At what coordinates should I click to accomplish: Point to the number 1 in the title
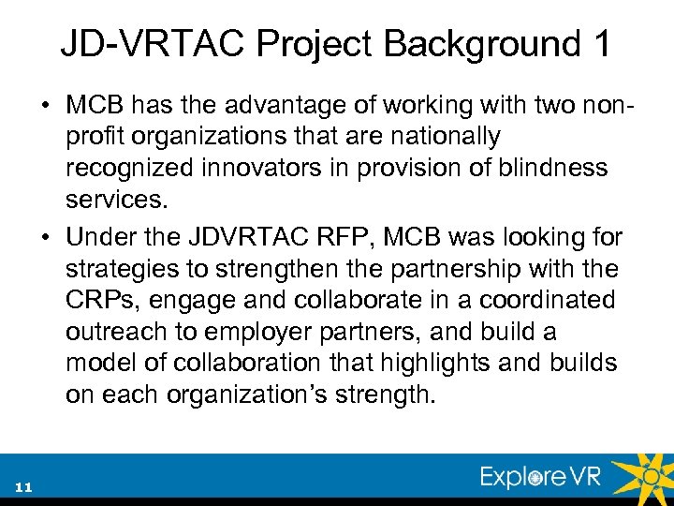[x=598, y=43]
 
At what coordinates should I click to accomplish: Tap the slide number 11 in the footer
[x=24, y=487]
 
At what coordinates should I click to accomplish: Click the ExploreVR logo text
[x=541, y=477]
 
